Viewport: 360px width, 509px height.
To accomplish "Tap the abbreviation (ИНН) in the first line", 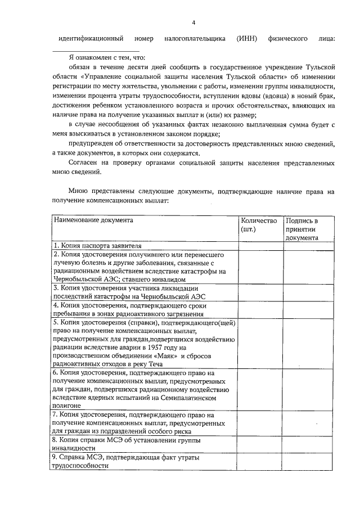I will (247, 39).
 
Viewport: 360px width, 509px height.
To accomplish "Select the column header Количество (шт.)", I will (259, 225).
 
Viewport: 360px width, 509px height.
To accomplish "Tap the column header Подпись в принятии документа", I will (302, 229).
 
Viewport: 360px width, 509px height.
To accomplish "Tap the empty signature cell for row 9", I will (308, 462).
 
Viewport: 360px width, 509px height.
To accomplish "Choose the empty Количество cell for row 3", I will (260, 292).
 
